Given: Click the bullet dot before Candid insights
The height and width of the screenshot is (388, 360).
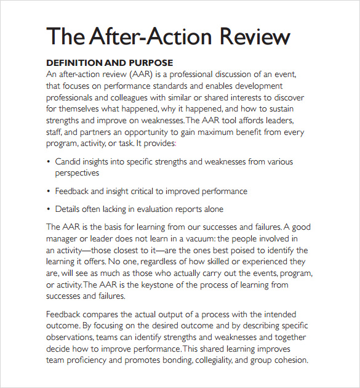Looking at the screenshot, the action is point(49,162).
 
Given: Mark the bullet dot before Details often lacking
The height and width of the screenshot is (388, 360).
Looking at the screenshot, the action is point(49,209).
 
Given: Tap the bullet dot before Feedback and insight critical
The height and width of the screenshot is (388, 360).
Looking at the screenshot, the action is point(49,191).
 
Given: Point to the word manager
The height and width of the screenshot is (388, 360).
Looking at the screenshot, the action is point(65,238).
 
